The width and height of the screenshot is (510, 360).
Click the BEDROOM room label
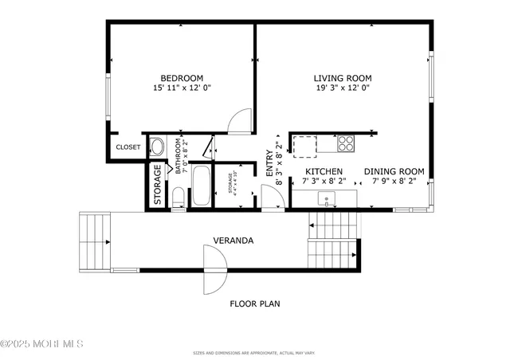click(x=181, y=78)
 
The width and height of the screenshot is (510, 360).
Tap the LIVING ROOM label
click(x=343, y=78)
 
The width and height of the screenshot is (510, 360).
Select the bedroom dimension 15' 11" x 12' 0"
click(x=181, y=88)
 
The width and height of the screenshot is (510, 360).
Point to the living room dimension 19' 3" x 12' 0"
click(x=343, y=88)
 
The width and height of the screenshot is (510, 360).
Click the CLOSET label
click(x=127, y=147)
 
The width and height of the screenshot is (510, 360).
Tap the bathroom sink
click(x=157, y=147)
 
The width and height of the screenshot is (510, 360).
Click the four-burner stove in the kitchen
click(x=346, y=143)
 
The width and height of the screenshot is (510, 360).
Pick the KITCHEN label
click(x=324, y=172)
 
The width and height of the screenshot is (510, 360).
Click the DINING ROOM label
click(x=394, y=172)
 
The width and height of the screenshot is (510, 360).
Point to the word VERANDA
click(x=233, y=241)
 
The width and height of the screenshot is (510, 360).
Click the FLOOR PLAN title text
click(x=255, y=303)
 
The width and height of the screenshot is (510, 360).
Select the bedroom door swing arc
click(x=239, y=123)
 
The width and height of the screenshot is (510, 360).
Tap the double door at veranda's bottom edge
click(x=215, y=269)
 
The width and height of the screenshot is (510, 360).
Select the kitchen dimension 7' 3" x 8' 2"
click(x=324, y=182)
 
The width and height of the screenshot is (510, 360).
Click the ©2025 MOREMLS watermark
click(x=41, y=344)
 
